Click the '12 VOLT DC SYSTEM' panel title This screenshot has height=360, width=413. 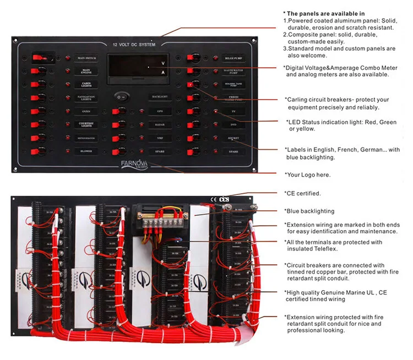point(134,44)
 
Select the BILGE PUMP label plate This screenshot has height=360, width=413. point(233,58)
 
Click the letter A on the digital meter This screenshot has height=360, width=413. point(162,72)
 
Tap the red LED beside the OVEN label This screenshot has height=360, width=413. point(68,111)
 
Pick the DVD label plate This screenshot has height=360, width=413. point(233,124)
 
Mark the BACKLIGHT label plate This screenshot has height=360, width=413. point(159,97)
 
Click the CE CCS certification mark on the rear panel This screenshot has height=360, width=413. point(219,199)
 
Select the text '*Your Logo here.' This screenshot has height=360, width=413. point(308,175)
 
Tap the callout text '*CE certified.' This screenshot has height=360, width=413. point(302,193)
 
